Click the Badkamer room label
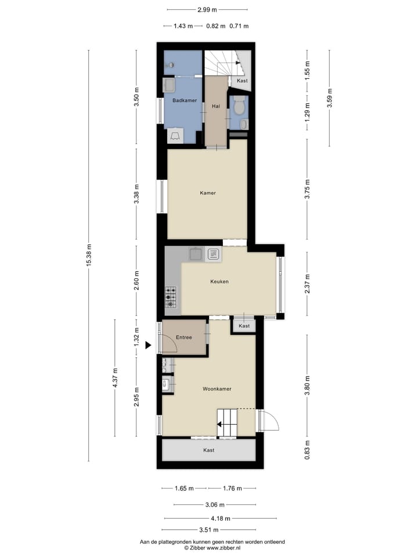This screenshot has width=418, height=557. (x=185, y=100)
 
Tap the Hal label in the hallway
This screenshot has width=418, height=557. (x=215, y=106)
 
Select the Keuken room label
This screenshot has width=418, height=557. (x=219, y=282)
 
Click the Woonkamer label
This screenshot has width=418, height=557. (x=217, y=389)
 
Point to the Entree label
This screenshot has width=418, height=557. (x=184, y=337)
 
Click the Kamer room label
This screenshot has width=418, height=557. (x=207, y=193)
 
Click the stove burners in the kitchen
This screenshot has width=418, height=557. (x=171, y=296)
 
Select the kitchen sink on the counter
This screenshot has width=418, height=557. (x=194, y=254)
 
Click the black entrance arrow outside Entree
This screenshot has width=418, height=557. (x=148, y=345)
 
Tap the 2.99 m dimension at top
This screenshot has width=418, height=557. (x=207, y=10)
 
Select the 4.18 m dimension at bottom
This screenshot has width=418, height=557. (x=220, y=518)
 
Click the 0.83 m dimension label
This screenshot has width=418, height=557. (x=307, y=450)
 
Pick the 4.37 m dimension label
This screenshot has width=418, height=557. (x=115, y=378)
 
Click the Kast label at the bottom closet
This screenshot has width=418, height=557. (x=208, y=450)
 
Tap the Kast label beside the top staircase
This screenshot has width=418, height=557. (x=242, y=81)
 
